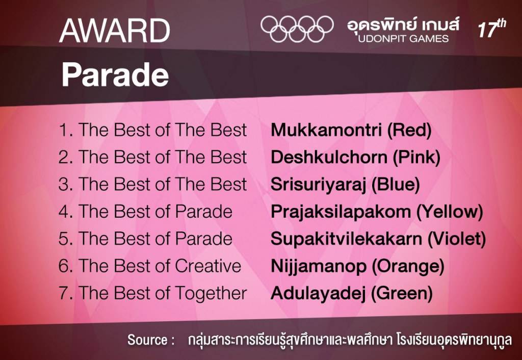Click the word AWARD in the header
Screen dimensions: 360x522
115,31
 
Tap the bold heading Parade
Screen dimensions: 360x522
115,75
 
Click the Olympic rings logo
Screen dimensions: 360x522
297,29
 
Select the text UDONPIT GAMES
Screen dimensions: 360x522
403,39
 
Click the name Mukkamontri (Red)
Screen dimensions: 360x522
351,130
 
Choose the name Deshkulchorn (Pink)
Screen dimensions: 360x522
355,157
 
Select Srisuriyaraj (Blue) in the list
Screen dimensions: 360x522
345,184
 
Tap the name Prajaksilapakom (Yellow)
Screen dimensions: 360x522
377,211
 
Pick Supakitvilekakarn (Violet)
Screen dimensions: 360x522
378,239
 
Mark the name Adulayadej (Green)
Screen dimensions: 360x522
352,293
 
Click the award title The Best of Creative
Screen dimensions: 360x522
160,266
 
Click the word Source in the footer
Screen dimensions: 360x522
147,340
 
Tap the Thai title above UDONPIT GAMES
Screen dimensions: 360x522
403,24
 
